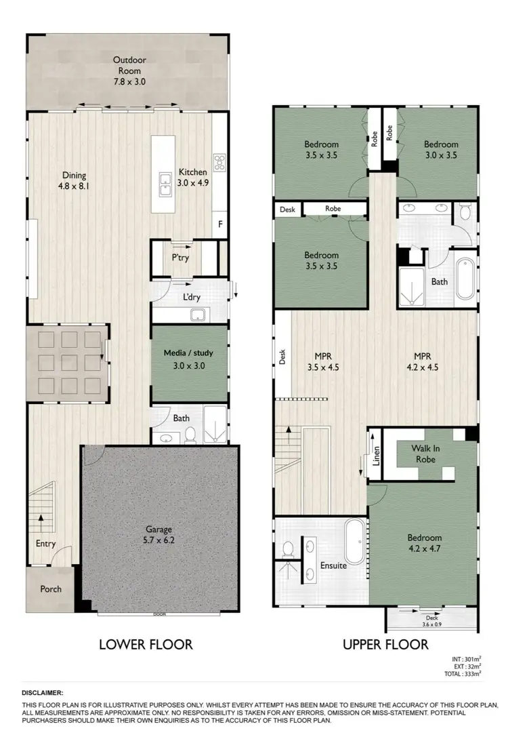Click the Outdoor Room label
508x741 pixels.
pos(129,70)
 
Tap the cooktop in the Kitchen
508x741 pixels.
pos(220,161)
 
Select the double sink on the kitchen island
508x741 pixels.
pos(165,184)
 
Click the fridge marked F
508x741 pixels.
pos(219,224)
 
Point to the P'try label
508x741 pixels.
pos(179,258)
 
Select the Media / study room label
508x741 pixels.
pos(189,359)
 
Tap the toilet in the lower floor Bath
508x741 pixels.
pos(190,435)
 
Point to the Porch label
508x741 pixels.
pos(51,589)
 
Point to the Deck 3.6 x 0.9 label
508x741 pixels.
pos(431,621)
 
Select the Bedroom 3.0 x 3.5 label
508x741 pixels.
pos(441,149)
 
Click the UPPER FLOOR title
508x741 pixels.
pos(386,644)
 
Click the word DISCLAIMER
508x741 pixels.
pos(43,693)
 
